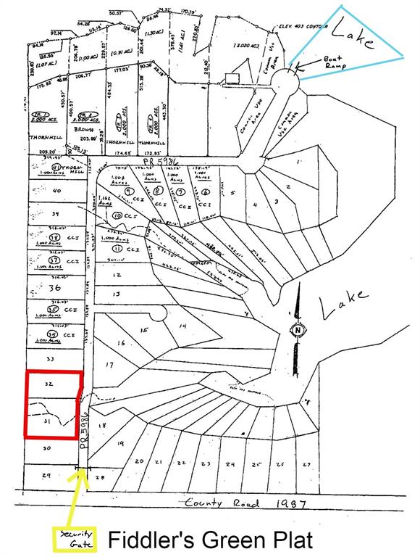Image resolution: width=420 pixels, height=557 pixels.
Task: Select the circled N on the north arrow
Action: click(x=296, y=331)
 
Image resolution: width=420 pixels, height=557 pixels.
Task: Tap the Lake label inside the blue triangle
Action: click(x=353, y=35)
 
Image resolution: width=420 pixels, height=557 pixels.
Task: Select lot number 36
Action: click(x=54, y=286)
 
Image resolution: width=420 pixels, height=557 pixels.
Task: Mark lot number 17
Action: click(x=110, y=364)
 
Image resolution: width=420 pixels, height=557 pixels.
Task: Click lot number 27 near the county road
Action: click(x=306, y=463)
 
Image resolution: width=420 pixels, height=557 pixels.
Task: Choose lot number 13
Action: click(x=117, y=294)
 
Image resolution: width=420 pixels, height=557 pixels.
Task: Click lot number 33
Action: click(x=49, y=359)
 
